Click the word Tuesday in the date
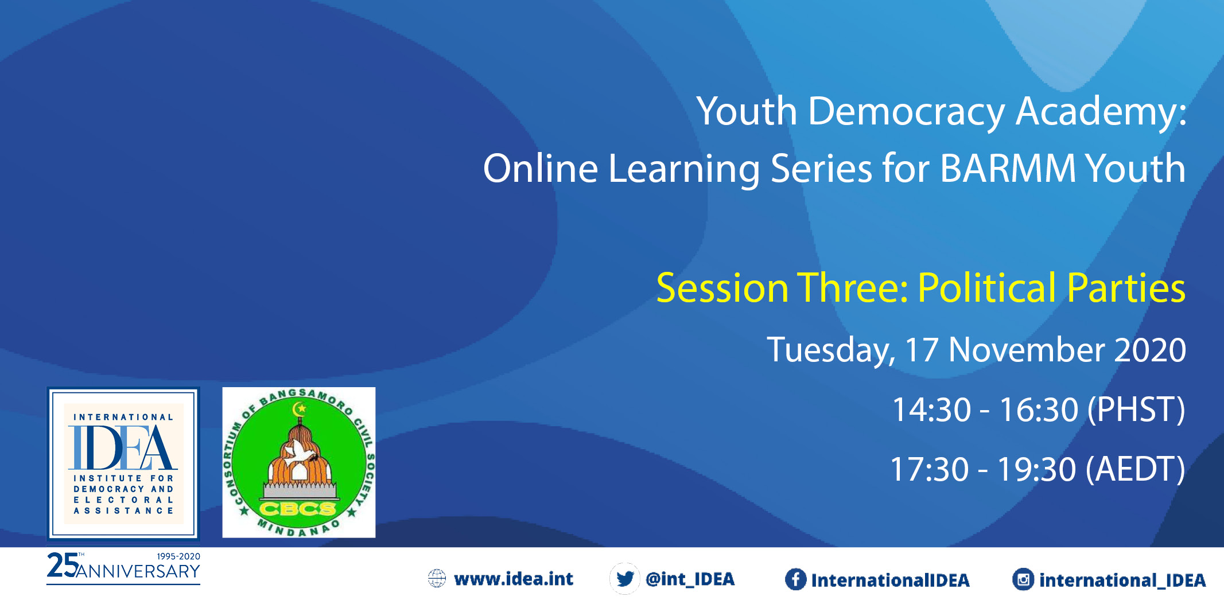[830, 351]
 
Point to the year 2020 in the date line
[1149, 350]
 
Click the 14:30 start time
[931, 410]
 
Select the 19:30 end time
[1036, 470]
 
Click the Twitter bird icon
[625, 579]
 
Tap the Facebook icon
[795, 579]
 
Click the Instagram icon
[1023, 579]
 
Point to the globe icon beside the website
[437, 579]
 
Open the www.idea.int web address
[514, 579]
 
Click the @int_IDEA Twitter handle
[690, 579]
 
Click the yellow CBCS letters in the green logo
[298, 508]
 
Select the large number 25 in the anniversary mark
[62, 565]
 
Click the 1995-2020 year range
[178, 556]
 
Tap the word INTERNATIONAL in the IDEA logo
[123, 417]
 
